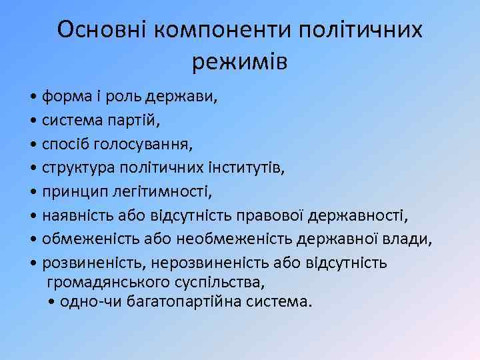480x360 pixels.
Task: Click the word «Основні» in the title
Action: [102, 30]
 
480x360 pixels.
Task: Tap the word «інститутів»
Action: [248, 169]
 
